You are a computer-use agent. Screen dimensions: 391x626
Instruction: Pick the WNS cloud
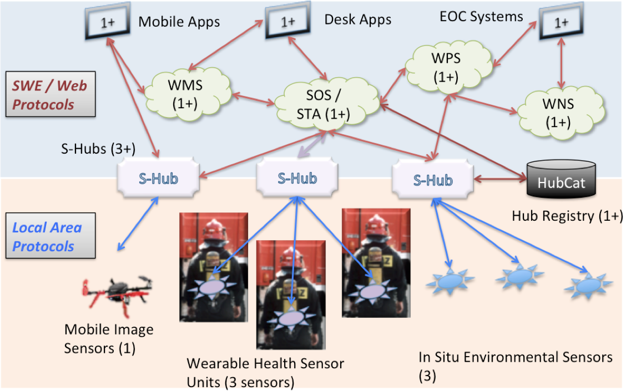[x=557, y=112]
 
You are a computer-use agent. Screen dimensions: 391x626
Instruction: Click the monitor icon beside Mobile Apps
[x=104, y=23]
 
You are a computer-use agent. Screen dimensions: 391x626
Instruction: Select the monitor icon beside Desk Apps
[x=287, y=22]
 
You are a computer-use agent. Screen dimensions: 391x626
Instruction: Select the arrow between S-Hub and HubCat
[x=499, y=179]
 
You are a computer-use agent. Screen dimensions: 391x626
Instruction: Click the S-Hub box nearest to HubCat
[x=433, y=179]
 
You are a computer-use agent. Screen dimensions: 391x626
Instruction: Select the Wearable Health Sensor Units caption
[x=265, y=373]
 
